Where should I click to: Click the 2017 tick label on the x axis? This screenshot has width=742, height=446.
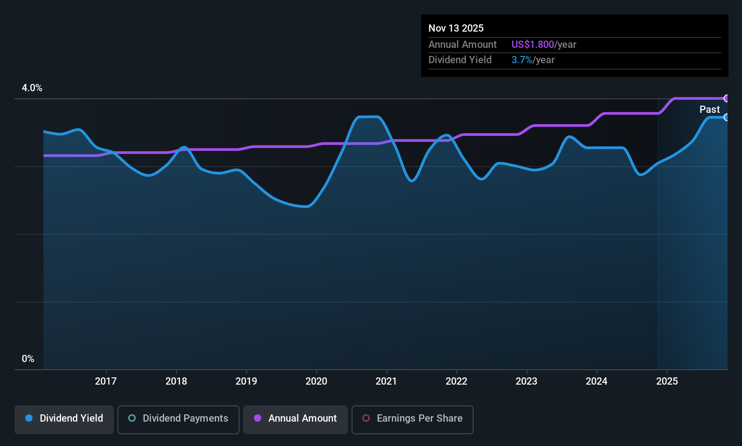point(106,381)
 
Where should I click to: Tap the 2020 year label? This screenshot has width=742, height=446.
point(316,381)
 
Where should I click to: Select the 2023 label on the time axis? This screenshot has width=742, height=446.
point(526,381)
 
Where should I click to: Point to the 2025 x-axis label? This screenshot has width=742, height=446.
point(667,381)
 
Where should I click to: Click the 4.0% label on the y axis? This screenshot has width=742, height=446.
point(32,88)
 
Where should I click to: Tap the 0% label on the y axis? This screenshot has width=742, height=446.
point(28,359)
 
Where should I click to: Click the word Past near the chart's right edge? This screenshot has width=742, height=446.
point(709,110)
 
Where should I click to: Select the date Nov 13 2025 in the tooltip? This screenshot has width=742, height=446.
point(456,28)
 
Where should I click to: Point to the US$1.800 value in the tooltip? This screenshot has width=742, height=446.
point(533,44)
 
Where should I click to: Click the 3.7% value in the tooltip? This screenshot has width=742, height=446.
point(522,60)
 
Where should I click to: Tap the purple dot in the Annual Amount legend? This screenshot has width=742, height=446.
point(258,418)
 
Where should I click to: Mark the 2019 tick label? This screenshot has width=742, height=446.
point(246,381)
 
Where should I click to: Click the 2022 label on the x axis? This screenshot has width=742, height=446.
point(456,381)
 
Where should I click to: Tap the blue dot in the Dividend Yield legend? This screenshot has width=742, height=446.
point(29,418)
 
